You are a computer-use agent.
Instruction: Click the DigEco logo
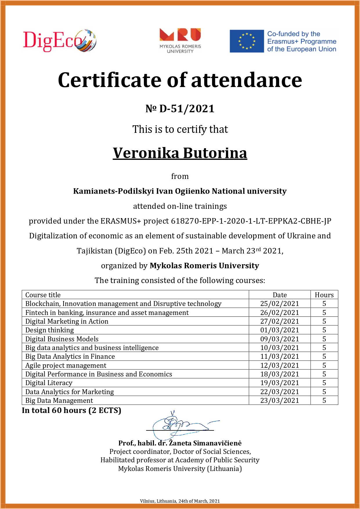[x=59, y=41]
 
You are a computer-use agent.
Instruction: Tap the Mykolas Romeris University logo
[x=180, y=41]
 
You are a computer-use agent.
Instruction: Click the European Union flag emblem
[x=247, y=41]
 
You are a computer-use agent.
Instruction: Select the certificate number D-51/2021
[x=180, y=109]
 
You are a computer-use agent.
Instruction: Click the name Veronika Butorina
[x=180, y=153]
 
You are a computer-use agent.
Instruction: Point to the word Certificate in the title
[x=109, y=80]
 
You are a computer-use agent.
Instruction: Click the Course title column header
[x=43, y=295]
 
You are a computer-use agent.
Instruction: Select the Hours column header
[x=324, y=295]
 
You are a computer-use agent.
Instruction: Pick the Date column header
[x=280, y=295]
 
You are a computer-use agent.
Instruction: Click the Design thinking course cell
[x=50, y=330]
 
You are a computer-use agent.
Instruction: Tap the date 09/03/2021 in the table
[x=280, y=339]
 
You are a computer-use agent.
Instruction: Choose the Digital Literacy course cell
[x=49, y=383]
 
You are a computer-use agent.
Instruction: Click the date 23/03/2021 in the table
[x=280, y=401]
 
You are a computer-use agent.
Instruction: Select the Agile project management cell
[x=66, y=365]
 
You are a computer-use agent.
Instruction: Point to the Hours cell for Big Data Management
[x=324, y=401]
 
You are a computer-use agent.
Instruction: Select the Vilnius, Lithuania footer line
[x=180, y=501]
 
